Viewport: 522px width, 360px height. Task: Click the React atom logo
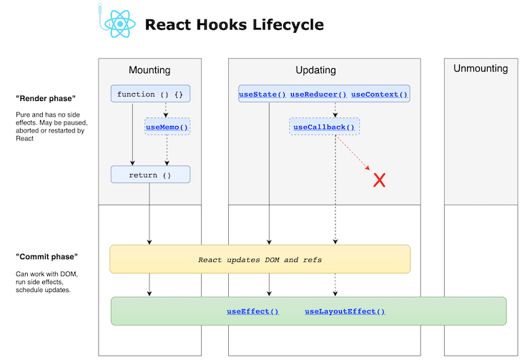pos(119,24)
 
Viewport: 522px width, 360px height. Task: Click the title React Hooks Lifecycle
pos(234,25)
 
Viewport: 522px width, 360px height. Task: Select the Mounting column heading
pos(149,70)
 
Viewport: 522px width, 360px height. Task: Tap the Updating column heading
pos(315,70)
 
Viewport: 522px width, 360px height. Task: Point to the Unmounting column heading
pos(481,69)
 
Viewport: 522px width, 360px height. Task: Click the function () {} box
pos(150,94)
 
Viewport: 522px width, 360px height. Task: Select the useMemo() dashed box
pos(167,127)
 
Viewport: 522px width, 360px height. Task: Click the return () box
pos(150,175)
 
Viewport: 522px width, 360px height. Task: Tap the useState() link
pos(262,94)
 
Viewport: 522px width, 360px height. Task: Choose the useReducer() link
pos(318,94)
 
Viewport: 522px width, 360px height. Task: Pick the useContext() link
pos(379,94)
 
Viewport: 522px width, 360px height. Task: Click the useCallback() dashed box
pos(324,127)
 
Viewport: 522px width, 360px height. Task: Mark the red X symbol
pos(380,180)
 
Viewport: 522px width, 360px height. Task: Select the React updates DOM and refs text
pos(260,259)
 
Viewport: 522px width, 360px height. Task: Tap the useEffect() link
pos(252,311)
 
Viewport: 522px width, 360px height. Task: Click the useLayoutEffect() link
pos(345,311)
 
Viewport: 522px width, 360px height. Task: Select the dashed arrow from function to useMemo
pos(167,110)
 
